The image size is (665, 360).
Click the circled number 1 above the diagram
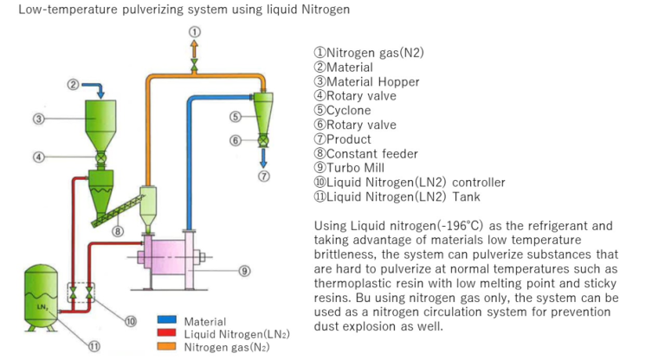coord(194,31)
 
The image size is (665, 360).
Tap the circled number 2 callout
coord(74,84)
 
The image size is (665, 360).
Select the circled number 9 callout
coord(245,271)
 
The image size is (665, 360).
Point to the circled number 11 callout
coord(94,347)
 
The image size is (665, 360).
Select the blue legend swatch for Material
coord(166,322)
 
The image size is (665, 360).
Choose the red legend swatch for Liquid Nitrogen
coord(166,334)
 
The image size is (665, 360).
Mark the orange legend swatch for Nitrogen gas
coord(166,347)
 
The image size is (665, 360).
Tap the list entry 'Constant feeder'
coord(369,154)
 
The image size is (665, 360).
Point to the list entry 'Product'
coord(349,139)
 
